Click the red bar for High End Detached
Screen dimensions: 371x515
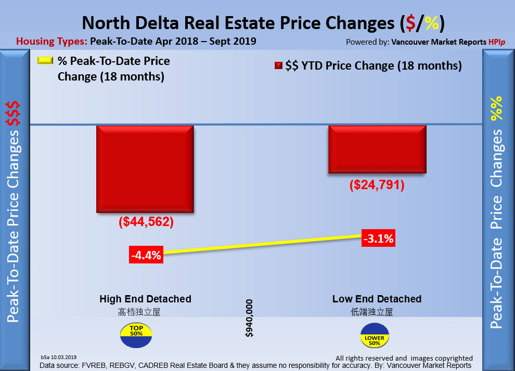point(145,168)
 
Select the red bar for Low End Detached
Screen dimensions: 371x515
point(377,149)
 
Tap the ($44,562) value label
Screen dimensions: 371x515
point(146,222)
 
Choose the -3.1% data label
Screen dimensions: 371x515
point(378,239)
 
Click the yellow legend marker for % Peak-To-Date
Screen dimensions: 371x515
point(46,61)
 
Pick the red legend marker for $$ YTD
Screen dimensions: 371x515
point(278,66)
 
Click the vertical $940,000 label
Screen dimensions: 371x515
point(250,318)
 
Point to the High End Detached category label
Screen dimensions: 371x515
point(145,299)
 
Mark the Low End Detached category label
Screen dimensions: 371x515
point(377,299)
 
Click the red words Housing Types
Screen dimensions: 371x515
point(51,41)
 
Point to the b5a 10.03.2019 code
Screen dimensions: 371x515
point(58,357)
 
